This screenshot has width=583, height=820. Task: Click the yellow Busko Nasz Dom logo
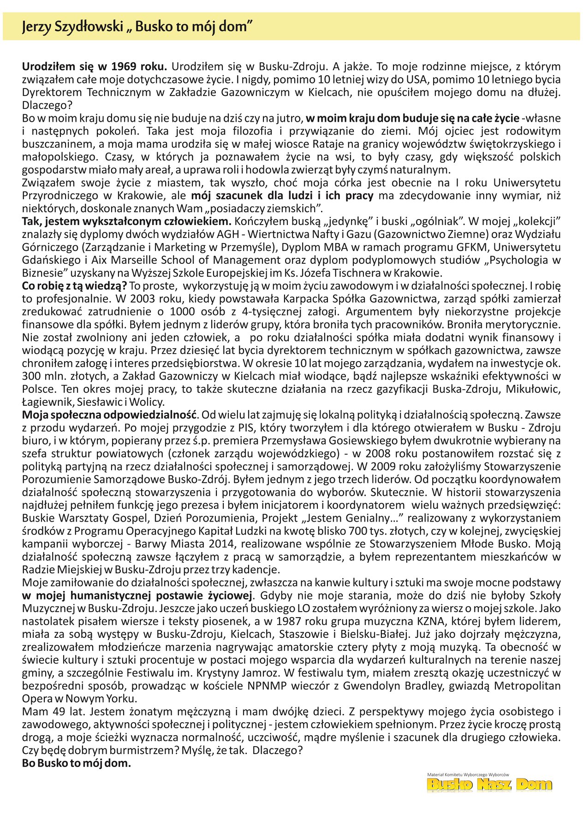[489, 784]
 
